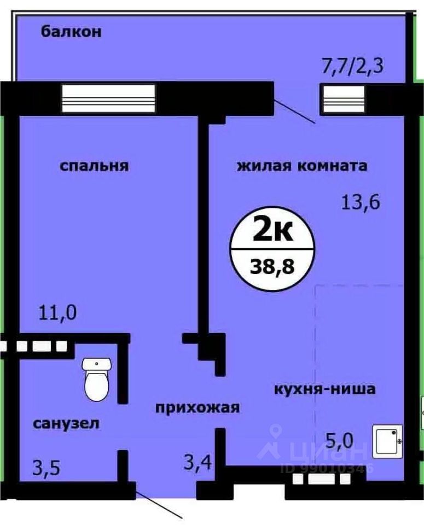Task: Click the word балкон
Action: coord(71,32)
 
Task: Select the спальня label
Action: coord(94,166)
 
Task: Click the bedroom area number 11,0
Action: coord(57,313)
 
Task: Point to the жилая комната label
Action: coord(301,166)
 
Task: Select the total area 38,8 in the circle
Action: coord(272,267)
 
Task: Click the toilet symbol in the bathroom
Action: coord(97,380)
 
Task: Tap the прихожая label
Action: coord(198,407)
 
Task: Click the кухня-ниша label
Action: coord(324,389)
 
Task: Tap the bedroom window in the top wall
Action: coord(108,98)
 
